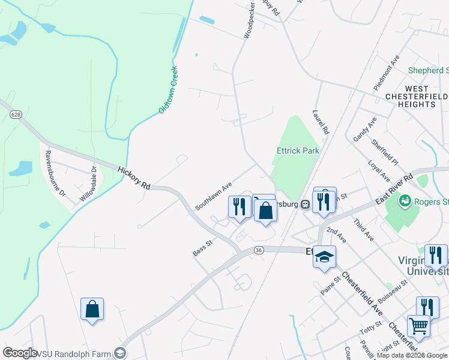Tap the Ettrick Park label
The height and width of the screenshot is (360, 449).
tap(298, 151)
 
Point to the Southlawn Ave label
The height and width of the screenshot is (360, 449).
tap(213, 196)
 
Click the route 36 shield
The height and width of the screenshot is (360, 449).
tap(259, 250)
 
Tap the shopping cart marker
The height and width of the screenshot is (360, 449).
tap(418, 326)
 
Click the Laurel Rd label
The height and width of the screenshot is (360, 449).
tap(321, 121)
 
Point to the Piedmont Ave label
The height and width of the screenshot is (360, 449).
tap(386, 73)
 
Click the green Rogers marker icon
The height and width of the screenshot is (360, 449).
tap(405, 200)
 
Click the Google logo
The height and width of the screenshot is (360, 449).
tap(20, 353)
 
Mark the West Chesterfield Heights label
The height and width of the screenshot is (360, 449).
tap(417, 96)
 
